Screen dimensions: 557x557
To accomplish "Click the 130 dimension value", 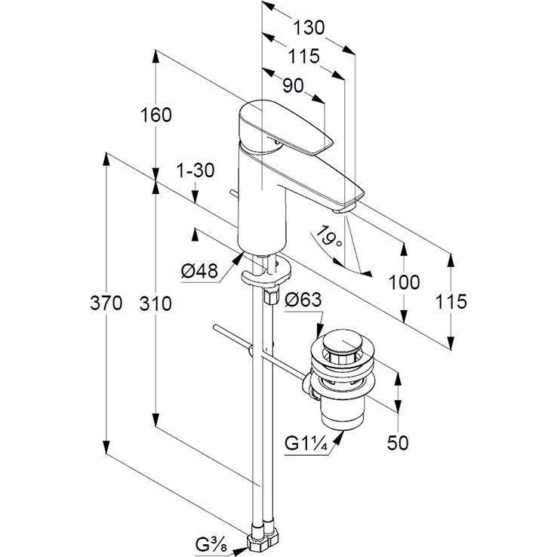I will coord(309,27).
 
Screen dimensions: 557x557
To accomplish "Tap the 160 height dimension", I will coord(155,115).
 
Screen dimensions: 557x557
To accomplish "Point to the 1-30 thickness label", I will coord(195,171).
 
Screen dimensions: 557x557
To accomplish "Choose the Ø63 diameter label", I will coord(303,300).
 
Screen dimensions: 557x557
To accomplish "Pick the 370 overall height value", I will coord(106,304).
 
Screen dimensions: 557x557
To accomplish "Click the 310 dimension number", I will coord(155,304).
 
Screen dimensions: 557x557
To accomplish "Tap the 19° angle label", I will coord(330,239).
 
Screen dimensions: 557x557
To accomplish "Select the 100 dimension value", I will coord(403,283).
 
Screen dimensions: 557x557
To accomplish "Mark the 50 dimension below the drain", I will coord(398,442).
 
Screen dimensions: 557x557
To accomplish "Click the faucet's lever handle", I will coord(287,128).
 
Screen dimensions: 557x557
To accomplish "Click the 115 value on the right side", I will coord(451,300).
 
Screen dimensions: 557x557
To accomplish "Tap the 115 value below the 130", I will coord(303,57).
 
